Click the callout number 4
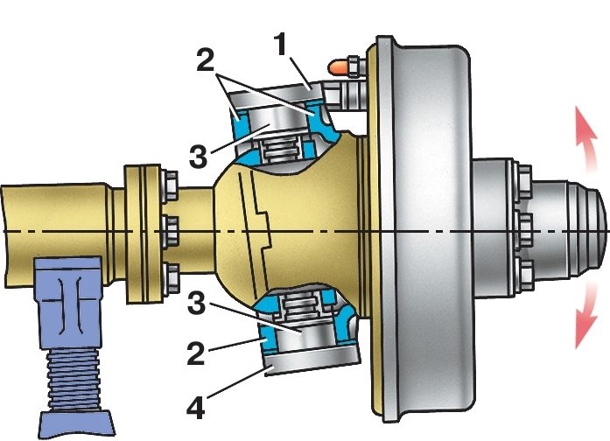[196, 407]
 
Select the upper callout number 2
[205, 59]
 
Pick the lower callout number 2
[196, 353]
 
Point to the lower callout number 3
[196, 304]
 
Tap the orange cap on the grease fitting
[336, 66]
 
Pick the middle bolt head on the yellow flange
[170, 232]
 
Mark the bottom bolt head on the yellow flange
[171, 278]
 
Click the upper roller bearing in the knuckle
[283, 150]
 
